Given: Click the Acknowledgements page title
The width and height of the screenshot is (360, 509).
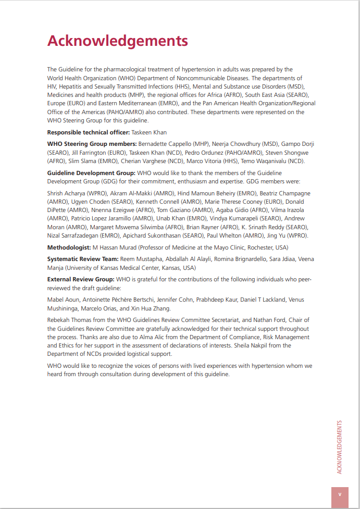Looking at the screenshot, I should coord(117,41).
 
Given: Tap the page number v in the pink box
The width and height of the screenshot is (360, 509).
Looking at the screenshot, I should coord(340,494).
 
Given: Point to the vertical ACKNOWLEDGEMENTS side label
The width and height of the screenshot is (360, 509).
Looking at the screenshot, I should coord(340,446).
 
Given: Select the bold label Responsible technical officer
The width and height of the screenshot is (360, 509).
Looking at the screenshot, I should coord(88,132).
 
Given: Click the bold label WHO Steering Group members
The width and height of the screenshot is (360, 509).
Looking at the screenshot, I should coord(92,144).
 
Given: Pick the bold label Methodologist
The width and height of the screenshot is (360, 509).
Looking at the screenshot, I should coord(69,247).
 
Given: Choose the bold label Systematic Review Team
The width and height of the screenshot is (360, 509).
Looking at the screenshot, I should coord(82,259).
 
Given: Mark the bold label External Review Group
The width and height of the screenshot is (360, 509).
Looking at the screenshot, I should coord(81,280).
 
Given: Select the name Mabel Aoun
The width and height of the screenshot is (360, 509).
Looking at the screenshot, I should coord(61,300).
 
